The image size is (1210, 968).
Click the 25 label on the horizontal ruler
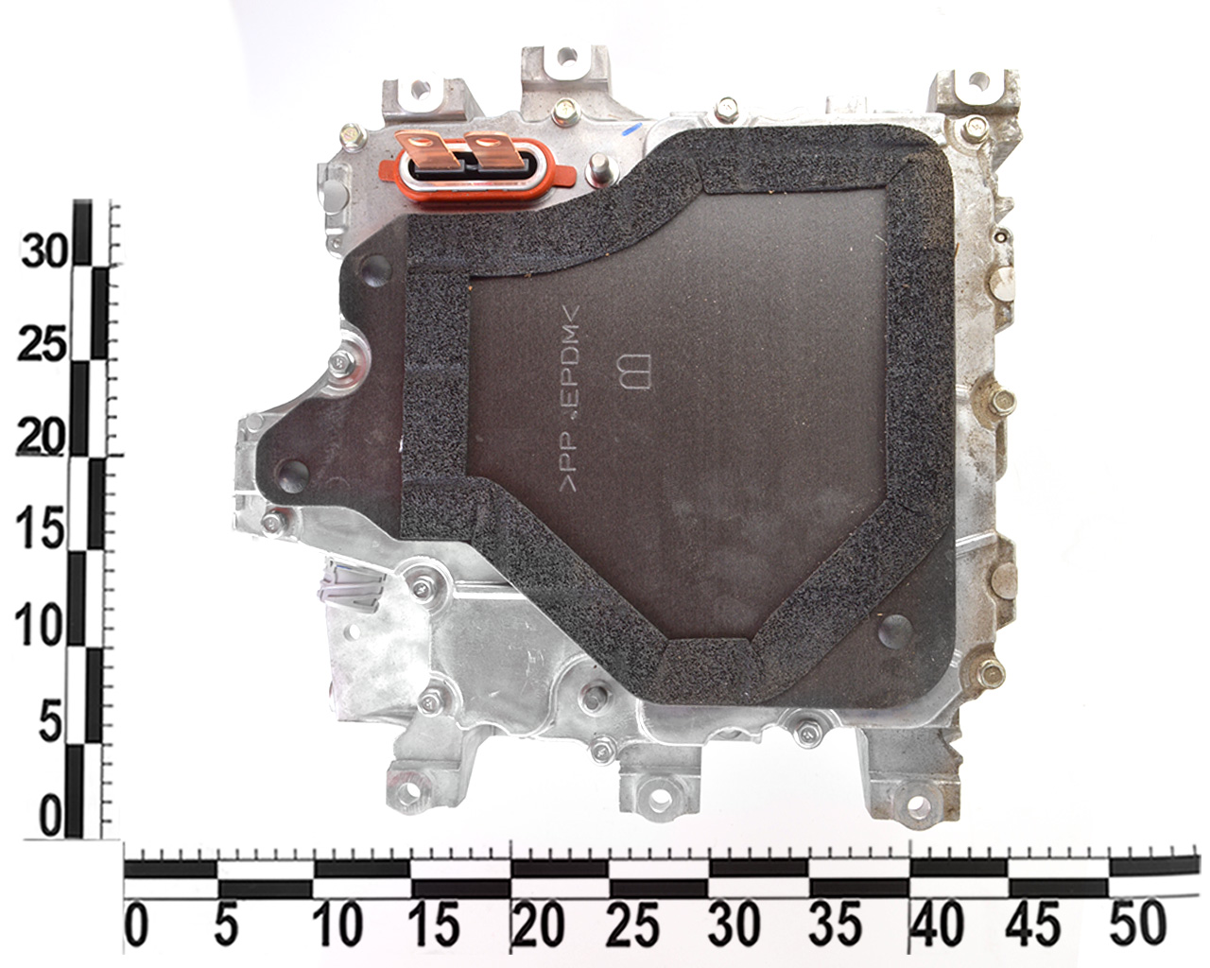632,925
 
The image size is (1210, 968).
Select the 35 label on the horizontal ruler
835,925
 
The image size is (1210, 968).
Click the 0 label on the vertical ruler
50,815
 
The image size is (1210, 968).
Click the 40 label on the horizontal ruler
937,925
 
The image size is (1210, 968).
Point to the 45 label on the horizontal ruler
1034,925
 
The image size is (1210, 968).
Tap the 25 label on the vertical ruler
43,345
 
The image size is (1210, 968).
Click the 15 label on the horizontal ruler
434,925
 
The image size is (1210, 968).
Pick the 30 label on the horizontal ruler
735,925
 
